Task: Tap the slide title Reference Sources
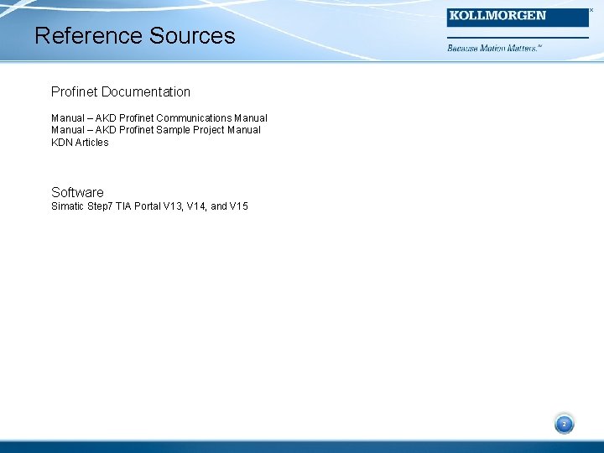click(135, 36)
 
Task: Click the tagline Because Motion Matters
click(494, 49)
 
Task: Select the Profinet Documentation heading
click(121, 91)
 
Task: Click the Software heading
click(77, 192)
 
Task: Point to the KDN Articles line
click(80, 143)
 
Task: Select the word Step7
click(101, 206)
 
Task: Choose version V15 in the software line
click(238, 206)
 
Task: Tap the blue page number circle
click(564, 424)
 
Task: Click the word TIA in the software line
click(122, 206)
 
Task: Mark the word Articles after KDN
click(91, 143)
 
